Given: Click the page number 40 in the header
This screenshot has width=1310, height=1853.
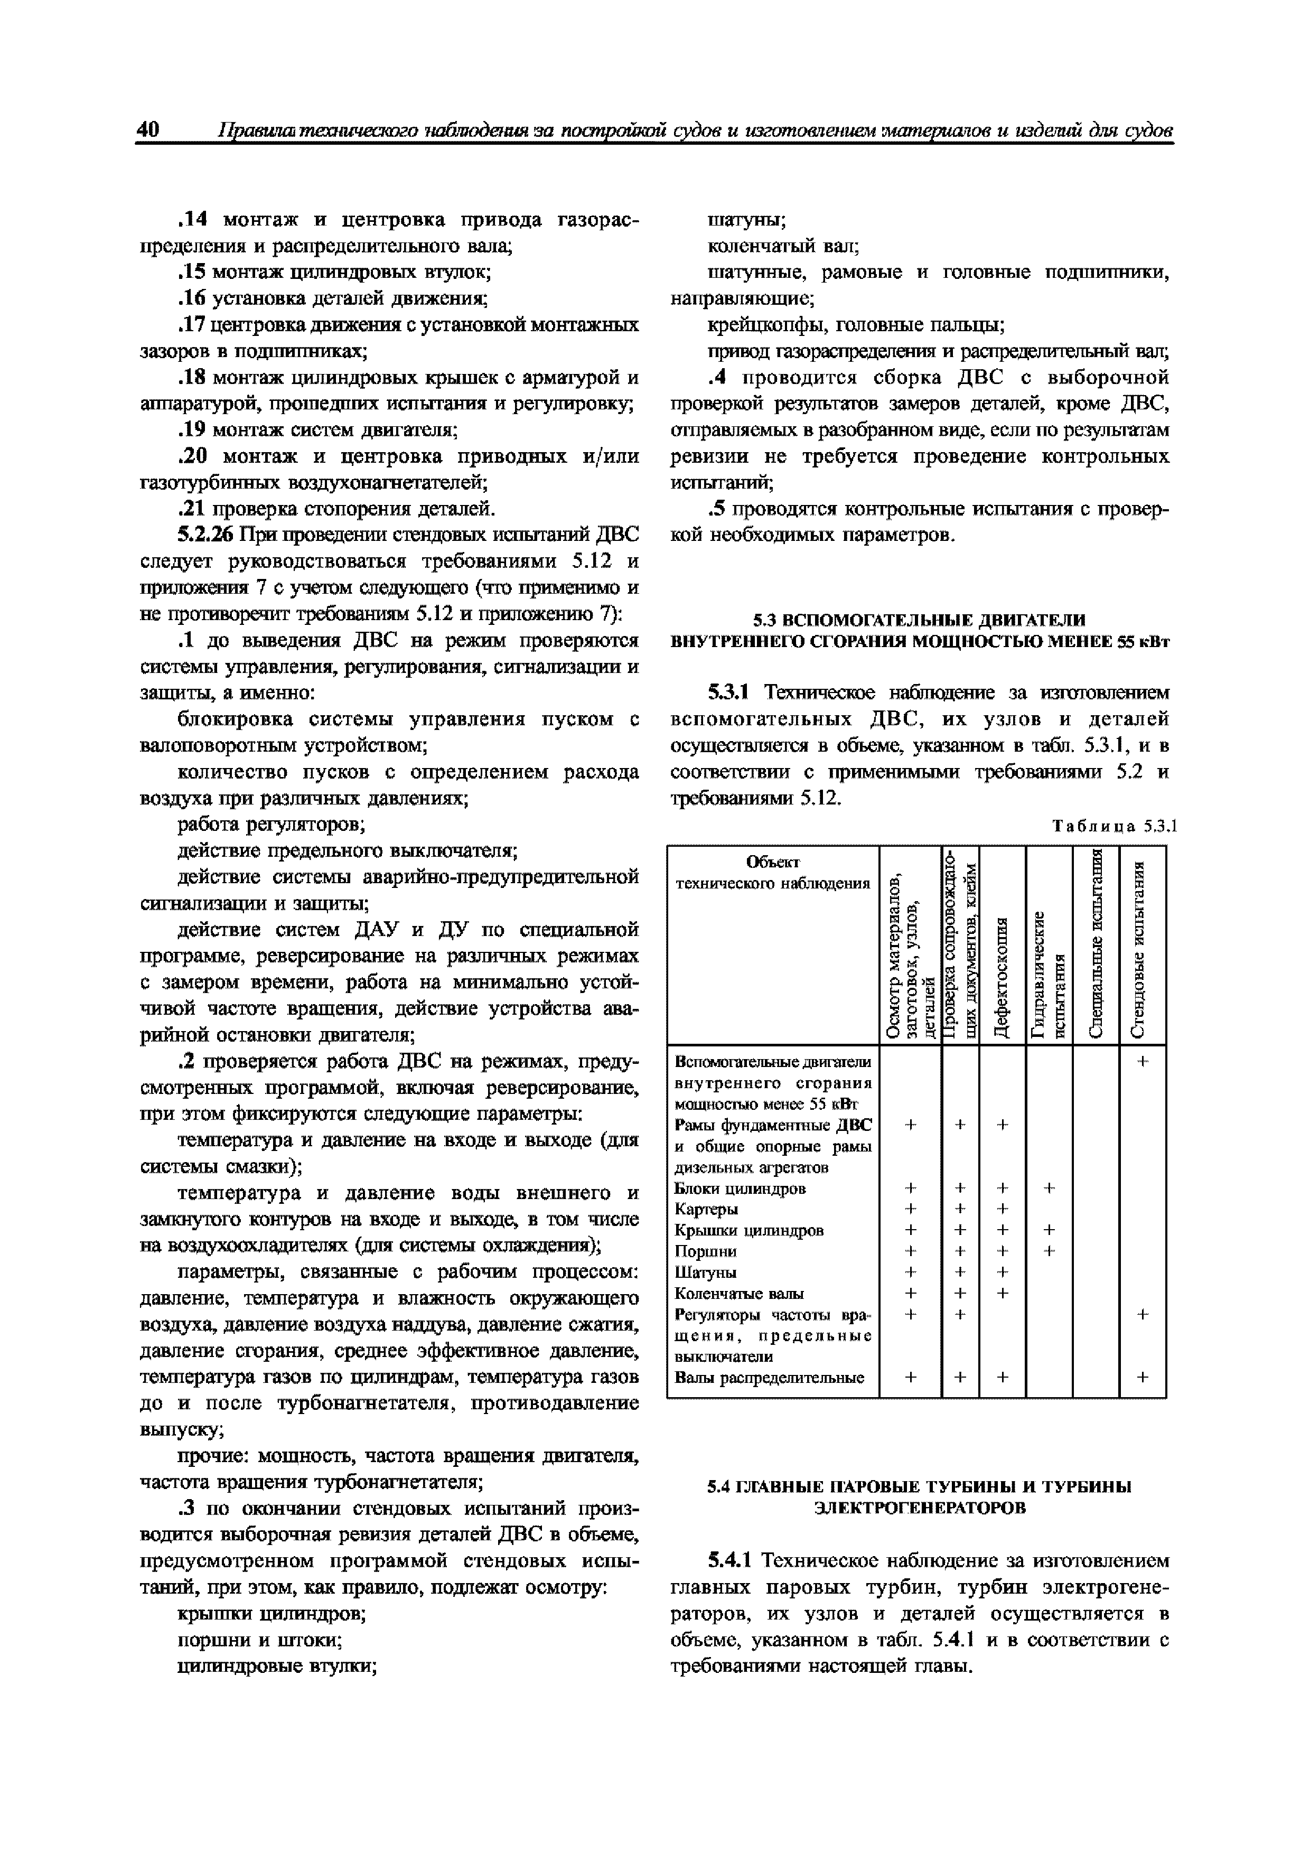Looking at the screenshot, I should point(148,130).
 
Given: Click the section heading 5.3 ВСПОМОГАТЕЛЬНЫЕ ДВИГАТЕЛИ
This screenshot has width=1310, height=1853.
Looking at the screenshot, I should point(919,620).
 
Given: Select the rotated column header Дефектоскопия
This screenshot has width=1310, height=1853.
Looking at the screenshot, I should point(1002,977).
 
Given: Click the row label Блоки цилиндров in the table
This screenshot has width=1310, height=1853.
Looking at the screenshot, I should point(740,1189).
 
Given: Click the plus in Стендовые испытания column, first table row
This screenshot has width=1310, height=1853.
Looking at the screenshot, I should point(1142,1063).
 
